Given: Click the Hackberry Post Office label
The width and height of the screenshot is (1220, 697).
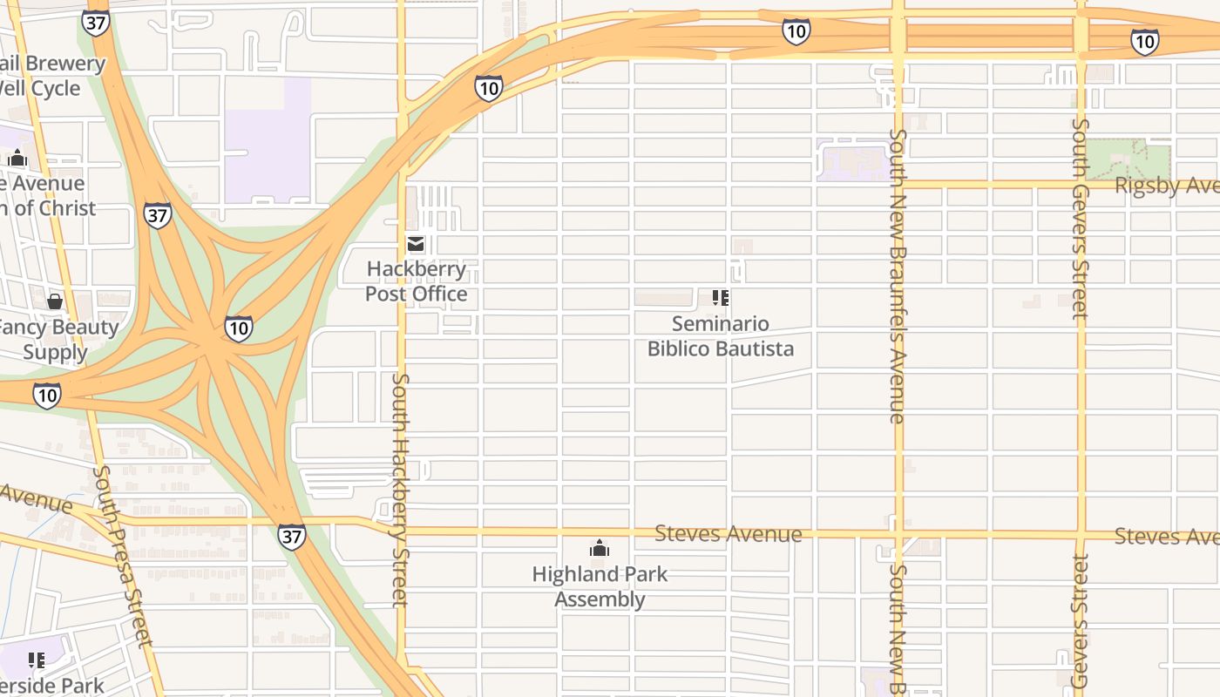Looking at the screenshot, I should point(417,281).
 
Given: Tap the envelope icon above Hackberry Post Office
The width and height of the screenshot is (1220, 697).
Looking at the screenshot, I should point(417,243).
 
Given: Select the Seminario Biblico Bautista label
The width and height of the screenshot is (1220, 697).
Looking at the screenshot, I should point(721,336).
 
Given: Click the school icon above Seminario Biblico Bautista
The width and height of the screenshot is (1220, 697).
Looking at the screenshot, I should point(721,298).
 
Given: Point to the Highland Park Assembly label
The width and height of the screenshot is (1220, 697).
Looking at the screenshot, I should point(600,586).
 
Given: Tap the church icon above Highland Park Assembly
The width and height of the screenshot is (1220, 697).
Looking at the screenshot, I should point(600,548).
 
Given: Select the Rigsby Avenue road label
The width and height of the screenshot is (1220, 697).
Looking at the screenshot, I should point(1166,186).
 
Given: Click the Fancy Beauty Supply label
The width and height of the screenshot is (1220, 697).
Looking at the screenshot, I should point(59,340).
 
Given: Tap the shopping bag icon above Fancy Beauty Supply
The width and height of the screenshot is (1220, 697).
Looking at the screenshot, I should point(55,301).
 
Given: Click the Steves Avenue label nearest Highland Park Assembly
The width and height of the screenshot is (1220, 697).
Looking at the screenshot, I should point(728,533).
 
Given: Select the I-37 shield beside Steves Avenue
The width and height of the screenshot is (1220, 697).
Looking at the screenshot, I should point(292,536).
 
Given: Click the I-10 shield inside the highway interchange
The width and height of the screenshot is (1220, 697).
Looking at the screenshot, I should point(238,328).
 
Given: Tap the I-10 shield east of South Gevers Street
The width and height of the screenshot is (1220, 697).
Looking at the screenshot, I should point(1144,41).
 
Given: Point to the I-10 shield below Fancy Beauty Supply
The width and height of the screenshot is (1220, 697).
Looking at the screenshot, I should point(47,396).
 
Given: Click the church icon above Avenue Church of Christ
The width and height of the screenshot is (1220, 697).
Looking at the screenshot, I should point(17,159).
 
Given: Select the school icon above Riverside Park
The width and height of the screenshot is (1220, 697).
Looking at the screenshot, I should point(36,660).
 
